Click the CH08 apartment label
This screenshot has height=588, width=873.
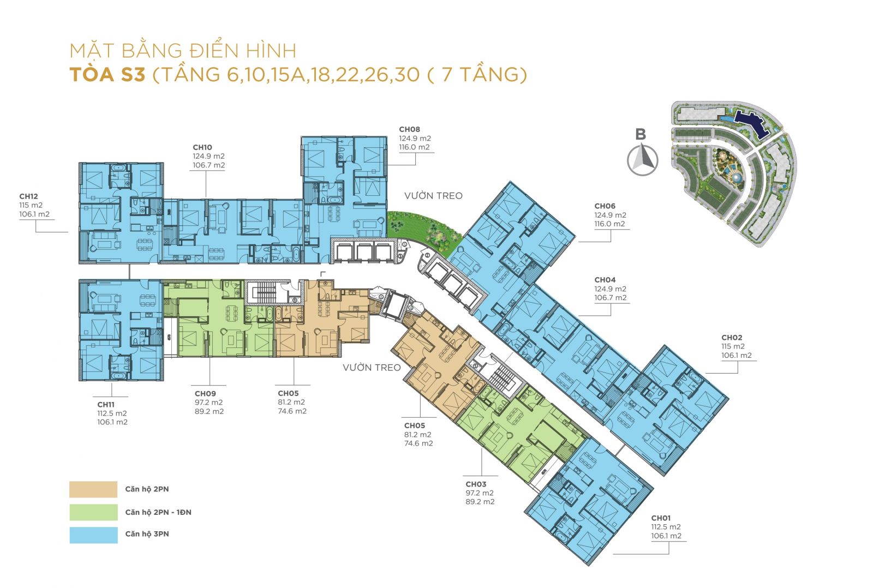(409, 129)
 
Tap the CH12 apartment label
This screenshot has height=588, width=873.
(28, 196)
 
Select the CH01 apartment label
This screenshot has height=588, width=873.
(660, 518)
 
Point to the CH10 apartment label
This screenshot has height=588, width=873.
(202, 147)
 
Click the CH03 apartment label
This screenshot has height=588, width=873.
(475, 484)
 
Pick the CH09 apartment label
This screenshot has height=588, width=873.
(205, 393)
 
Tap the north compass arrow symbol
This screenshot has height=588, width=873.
(642, 159)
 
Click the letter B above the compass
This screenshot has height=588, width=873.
(641, 134)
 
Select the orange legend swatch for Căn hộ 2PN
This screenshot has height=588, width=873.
(93, 489)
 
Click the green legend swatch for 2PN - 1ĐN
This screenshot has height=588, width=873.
(93, 512)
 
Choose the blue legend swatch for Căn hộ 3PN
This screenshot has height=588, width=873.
(93, 535)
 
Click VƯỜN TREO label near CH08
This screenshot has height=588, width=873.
(433, 196)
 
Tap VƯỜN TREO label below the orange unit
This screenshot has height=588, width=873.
(371, 368)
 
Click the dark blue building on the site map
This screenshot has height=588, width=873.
(751, 122)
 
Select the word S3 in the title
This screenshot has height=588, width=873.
(133, 74)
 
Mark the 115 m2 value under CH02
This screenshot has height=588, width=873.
(733, 346)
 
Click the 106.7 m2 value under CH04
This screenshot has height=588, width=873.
(610, 298)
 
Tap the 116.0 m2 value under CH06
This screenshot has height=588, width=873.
(610, 224)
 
